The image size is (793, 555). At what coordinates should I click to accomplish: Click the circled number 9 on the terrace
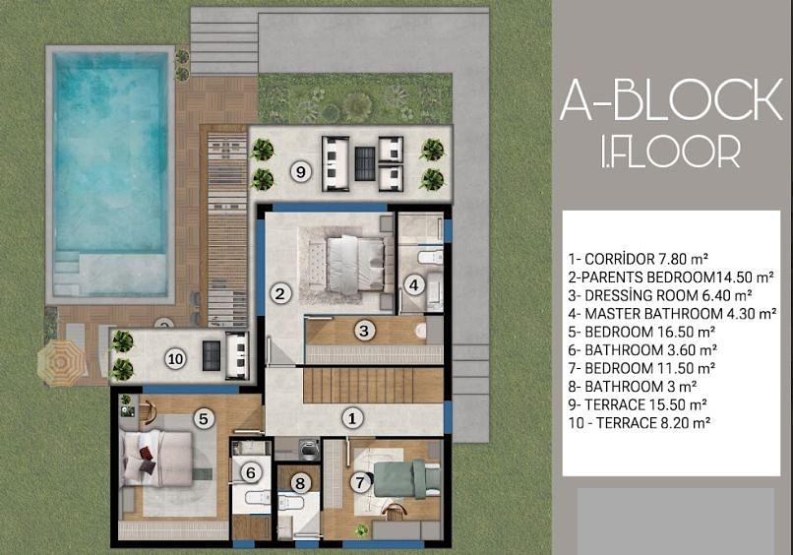click(301, 172)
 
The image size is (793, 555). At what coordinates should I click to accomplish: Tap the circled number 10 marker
click(175, 359)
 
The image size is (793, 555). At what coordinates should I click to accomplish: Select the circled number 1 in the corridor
click(352, 418)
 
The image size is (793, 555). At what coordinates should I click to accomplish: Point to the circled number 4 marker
click(413, 285)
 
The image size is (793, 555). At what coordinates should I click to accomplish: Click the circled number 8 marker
click(300, 483)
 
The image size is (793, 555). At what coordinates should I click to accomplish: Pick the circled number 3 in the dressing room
click(364, 331)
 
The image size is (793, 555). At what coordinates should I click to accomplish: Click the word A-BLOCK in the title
click(671, 99)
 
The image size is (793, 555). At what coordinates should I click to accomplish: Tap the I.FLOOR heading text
click(671, 151)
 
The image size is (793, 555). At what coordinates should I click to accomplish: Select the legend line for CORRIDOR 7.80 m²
click(638, 259)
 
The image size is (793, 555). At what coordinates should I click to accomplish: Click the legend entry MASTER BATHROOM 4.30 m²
click(672, 314)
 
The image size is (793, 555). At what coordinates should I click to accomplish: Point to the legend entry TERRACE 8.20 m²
click(640, 423)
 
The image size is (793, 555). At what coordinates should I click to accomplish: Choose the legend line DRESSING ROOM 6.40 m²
click(660, 295)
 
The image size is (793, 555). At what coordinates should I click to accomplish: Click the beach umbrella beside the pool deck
click(61, 362)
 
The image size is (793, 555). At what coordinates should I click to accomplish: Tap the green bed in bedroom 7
click(406, 478)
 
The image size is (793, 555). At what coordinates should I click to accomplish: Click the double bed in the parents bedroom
click(356, 265)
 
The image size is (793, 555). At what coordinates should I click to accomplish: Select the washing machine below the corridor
click(308, 449)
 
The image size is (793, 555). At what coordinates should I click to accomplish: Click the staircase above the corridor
click(373, 386)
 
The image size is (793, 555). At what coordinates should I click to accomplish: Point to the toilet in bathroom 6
click(258, 498)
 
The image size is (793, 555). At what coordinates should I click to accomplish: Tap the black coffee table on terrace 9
click(365, 163)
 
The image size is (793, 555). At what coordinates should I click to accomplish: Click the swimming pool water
click(110, 152)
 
